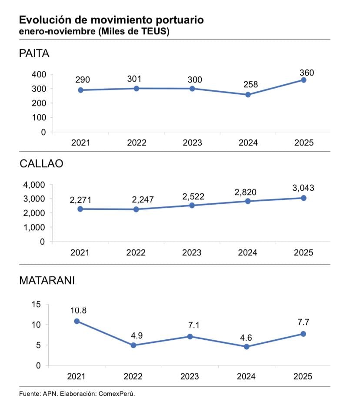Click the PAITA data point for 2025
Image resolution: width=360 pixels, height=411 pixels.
tap(303, 80)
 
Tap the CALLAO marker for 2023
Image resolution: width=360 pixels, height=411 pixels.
tap(192, 205)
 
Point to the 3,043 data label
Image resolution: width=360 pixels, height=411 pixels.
tap(303, 188)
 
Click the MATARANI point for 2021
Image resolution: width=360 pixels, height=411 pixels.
tap(77, 321)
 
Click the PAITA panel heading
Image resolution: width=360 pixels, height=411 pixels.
tap(34, 54)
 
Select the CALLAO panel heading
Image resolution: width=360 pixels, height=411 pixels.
tap(41, 164)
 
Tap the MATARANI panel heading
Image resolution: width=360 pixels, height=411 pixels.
tap(47, 280)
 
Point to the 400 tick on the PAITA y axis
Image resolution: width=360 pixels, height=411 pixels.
tap(39, 74)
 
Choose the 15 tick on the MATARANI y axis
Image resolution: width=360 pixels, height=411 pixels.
tap(37, 304)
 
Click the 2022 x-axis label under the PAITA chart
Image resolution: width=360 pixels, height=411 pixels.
tap(137, 143)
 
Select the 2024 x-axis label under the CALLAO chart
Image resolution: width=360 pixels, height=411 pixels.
tap(248, 253)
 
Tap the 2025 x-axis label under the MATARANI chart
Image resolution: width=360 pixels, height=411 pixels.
tap(303, 377)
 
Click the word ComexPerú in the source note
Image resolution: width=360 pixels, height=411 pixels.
tap(117, 394)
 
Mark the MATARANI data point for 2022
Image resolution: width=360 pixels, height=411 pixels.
tap(133, 345)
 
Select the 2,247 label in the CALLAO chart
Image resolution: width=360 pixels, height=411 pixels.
tap(137, 199)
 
